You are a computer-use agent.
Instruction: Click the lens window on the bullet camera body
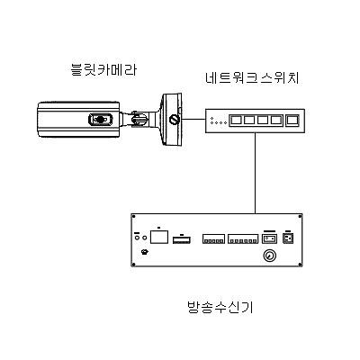pos(99,118)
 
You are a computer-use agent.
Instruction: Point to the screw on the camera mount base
pos(179,118)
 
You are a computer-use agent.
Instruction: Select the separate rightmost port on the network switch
pos(292,121)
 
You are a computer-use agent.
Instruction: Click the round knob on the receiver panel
pos(267,256)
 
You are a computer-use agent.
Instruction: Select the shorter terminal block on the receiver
pos(212,239)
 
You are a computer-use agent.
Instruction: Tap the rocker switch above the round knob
pos(267,239)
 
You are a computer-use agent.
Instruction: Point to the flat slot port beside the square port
pos(181,239)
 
